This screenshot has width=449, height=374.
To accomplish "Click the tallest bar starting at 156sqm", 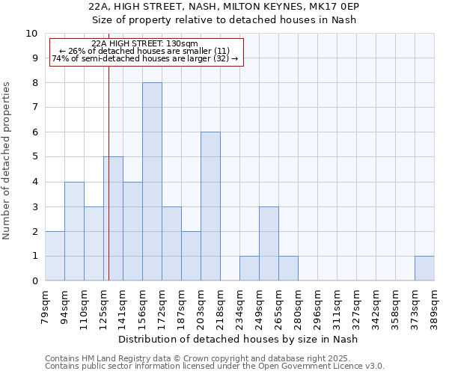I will click(x=152, y=182).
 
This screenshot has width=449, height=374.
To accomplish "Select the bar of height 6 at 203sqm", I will click(x=210, y=206).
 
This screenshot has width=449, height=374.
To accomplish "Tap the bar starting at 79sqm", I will click(x=55, y=256).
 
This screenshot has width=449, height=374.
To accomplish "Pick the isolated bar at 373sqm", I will click(x=424, y=269).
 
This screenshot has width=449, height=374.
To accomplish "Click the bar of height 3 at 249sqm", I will click(x=269, y=244).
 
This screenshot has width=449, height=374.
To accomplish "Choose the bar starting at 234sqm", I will click(x=249, y=269).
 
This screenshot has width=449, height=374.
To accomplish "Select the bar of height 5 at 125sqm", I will click(x=114, y=218).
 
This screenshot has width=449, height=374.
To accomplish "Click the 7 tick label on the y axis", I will click(x=34, y=108).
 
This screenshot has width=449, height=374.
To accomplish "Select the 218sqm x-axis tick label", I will click(x=220, y=307).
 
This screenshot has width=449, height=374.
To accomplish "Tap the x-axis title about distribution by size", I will click(x=239, y=340).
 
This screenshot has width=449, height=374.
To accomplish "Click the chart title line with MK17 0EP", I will click(x=224, y=7).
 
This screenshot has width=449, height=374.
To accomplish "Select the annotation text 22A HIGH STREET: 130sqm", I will click(x=144, y=44).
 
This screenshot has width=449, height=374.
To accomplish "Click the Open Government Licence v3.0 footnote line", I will click(x=215, y=367).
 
